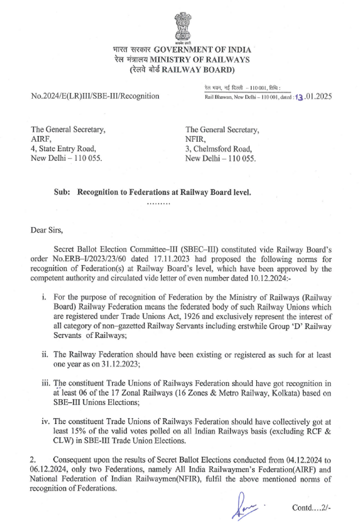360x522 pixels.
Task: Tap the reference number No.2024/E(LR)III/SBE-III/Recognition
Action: tap(95, 97)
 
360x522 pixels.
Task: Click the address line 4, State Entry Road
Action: tap(63, 148)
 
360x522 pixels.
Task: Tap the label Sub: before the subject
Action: tap(61, 191)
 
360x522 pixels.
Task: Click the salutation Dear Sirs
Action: tap(47, 230)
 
